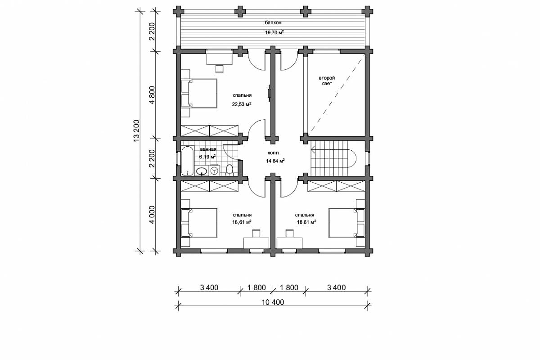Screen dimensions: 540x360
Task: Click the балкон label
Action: pos(273,23)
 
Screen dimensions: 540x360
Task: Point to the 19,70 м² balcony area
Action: pos(274,32)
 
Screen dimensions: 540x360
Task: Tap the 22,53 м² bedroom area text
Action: pos(242,104)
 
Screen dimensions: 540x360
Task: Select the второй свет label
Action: pos(327,81)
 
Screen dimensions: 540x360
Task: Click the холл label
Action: pos(273,153)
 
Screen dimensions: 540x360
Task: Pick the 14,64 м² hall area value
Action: pos(275,161)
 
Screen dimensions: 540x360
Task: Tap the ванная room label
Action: pos(208,149)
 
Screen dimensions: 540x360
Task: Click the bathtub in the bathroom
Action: pos(187,161)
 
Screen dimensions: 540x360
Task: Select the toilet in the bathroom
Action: pos(229,170)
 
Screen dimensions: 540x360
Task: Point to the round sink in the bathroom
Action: pos(201,171)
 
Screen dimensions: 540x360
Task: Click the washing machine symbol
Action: pos(214,171)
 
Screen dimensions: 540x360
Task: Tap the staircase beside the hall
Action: pos(333,158)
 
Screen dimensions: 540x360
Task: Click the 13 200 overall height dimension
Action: pos(136,130)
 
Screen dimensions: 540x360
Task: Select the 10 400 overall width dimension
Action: pos(273,302)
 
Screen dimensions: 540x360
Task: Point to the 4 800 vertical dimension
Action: pos(152,95)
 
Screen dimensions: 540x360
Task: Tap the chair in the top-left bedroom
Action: pos(220,69)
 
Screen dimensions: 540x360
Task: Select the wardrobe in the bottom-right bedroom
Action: pos(336,186)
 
